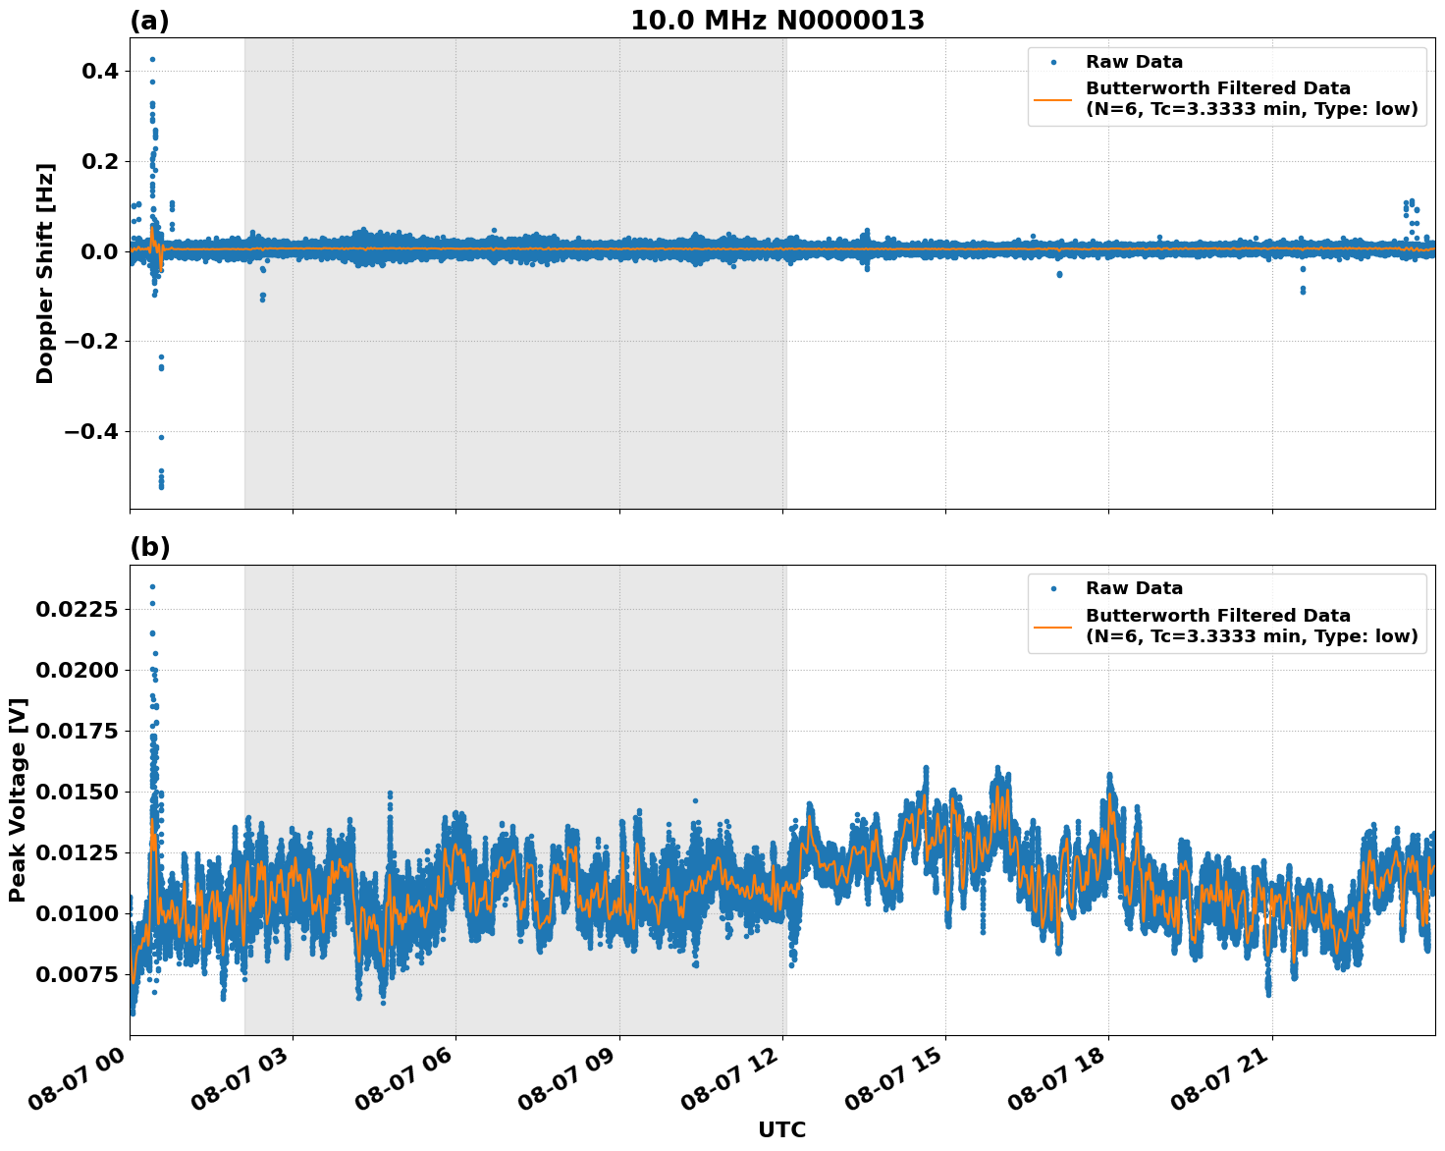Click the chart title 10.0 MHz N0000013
776,21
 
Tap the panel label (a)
149,21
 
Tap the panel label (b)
149,547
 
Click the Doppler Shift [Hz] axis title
45,273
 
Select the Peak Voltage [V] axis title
18,799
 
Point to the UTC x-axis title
781,1129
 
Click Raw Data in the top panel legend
1134,62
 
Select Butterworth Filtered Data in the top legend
1217,88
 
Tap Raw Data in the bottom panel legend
1134,588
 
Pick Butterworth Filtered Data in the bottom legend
1217,616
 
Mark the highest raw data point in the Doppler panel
152,59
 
